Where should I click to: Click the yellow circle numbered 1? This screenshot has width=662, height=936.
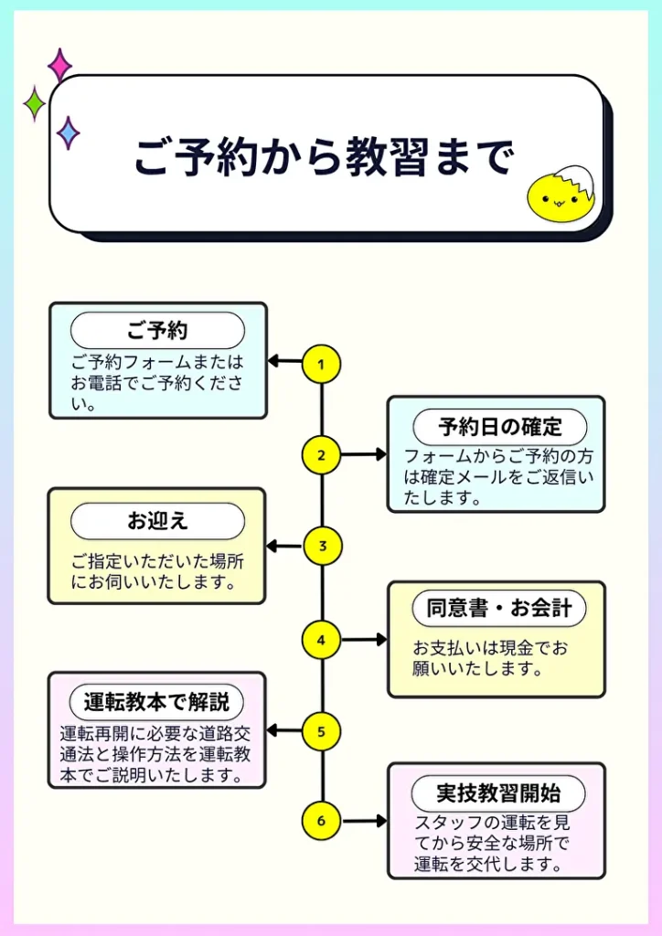[321, 364]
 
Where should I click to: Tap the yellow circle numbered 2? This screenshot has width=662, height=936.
[321, 454]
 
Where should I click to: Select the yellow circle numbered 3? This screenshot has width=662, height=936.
[321, 547]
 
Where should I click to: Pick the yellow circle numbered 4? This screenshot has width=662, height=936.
[321, 639]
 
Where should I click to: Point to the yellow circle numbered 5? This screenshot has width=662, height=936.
[321, 731]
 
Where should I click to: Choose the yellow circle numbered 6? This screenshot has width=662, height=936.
[321, 821]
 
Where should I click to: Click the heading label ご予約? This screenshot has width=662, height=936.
[157, 330]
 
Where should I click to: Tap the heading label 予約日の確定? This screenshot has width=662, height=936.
[499, 427]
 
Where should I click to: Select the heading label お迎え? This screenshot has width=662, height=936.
[157, 521]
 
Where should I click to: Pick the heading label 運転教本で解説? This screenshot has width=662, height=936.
[156, 702]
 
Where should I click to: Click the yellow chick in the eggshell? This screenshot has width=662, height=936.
[559, 195]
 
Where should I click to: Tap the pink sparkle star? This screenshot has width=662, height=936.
[60, 66]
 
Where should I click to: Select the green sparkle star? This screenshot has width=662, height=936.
[34, 103]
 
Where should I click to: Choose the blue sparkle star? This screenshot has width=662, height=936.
[68, 133]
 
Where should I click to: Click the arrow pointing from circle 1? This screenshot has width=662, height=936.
[284, 362]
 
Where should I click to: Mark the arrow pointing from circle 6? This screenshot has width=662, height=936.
[364, 821]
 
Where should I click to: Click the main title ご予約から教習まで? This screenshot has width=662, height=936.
[325, 157]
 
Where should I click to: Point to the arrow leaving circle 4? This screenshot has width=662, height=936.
[364, 639]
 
